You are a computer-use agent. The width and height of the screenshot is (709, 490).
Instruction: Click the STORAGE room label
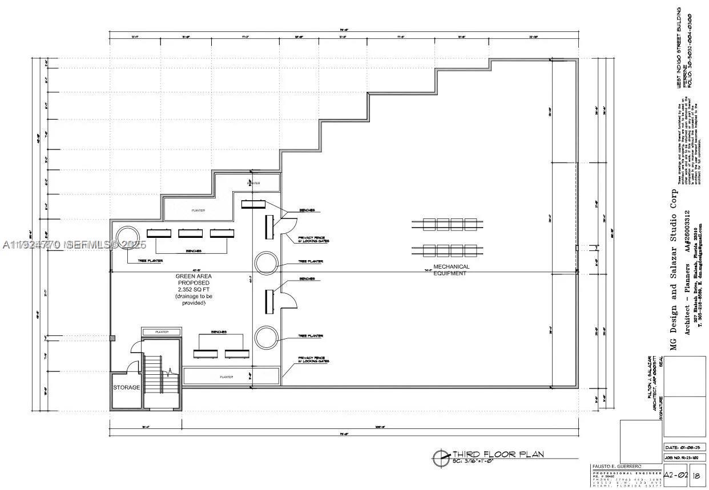tap(126, 387)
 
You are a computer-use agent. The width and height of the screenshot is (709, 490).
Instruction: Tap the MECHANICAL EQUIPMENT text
tap(451, 270)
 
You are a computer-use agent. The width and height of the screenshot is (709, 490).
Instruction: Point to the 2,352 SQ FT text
tap(193, 289)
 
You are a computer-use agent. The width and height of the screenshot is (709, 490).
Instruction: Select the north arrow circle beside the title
tap(441, 456)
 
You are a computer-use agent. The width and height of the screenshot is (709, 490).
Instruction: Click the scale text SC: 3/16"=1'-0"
tap(473, 461)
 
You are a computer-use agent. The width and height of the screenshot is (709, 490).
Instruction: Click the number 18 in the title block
tap(696, 475)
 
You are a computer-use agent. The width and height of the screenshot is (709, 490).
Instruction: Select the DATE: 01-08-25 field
tap(684, 448)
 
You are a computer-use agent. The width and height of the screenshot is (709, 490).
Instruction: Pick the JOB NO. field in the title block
tap(684, 458)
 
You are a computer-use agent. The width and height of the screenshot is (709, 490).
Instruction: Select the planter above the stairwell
tap(161, 331)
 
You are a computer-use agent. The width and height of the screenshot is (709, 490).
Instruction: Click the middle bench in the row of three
tap(191, 233)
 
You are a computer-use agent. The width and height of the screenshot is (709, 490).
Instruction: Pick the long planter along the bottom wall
tap(231, 376)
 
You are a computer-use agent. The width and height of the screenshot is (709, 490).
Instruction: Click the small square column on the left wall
tap(112, 338)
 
